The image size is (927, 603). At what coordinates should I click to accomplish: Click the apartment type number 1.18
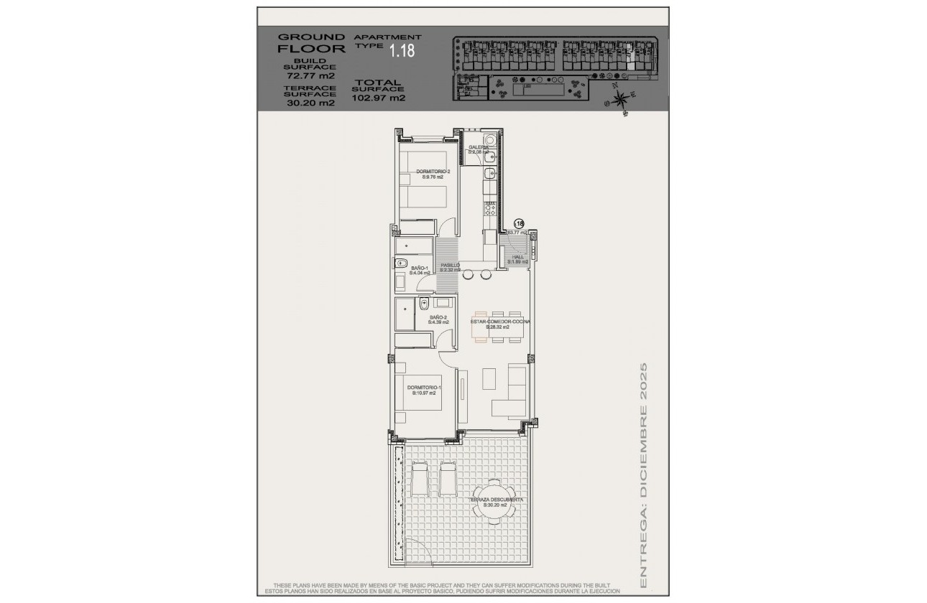click(x=402, y=50)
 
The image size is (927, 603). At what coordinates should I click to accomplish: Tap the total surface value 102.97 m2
click(x=379, y=98)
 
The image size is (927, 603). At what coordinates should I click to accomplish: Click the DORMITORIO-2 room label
click(x=433, y=174)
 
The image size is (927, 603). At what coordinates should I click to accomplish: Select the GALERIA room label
click(x=479, y=149)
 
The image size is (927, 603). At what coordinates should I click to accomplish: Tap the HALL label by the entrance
click(x=517, y=259)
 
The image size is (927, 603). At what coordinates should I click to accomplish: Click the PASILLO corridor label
click(x=450, y=267)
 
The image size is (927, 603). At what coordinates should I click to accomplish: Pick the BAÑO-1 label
click(x=420, y=270)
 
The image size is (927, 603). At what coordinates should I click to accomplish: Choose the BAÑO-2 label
click(x=438, y=319)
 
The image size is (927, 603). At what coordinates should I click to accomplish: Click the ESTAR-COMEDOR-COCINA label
click(x=500, y=324)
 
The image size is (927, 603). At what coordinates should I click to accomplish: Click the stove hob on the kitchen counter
click(x=490, y=208)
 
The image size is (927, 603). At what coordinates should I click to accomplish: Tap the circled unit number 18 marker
click(x=520, y=224)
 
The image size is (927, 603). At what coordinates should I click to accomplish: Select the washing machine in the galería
click(x=489, y=141)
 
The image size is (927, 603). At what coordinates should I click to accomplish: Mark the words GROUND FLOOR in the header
click(x=301, y=43)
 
